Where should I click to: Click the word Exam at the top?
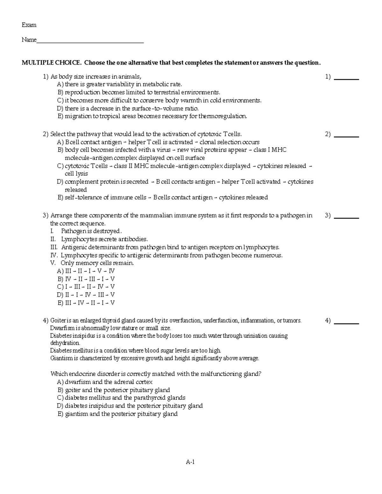point(29,25)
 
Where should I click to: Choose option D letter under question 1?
point(60,108)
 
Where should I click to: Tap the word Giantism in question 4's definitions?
point(60,358)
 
